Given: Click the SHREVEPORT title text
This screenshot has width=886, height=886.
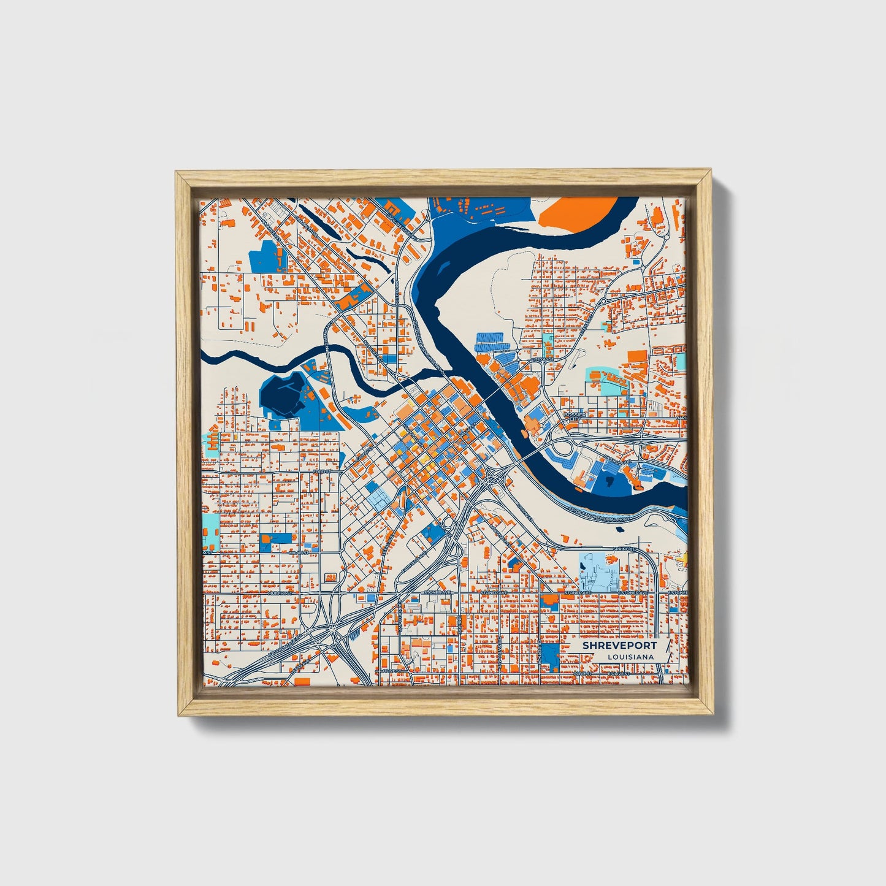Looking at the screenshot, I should [619, 646].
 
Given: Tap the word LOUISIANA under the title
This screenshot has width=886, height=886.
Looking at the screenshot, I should [630, 657].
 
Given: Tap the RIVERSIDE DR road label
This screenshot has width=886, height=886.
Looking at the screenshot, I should [616, 459].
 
